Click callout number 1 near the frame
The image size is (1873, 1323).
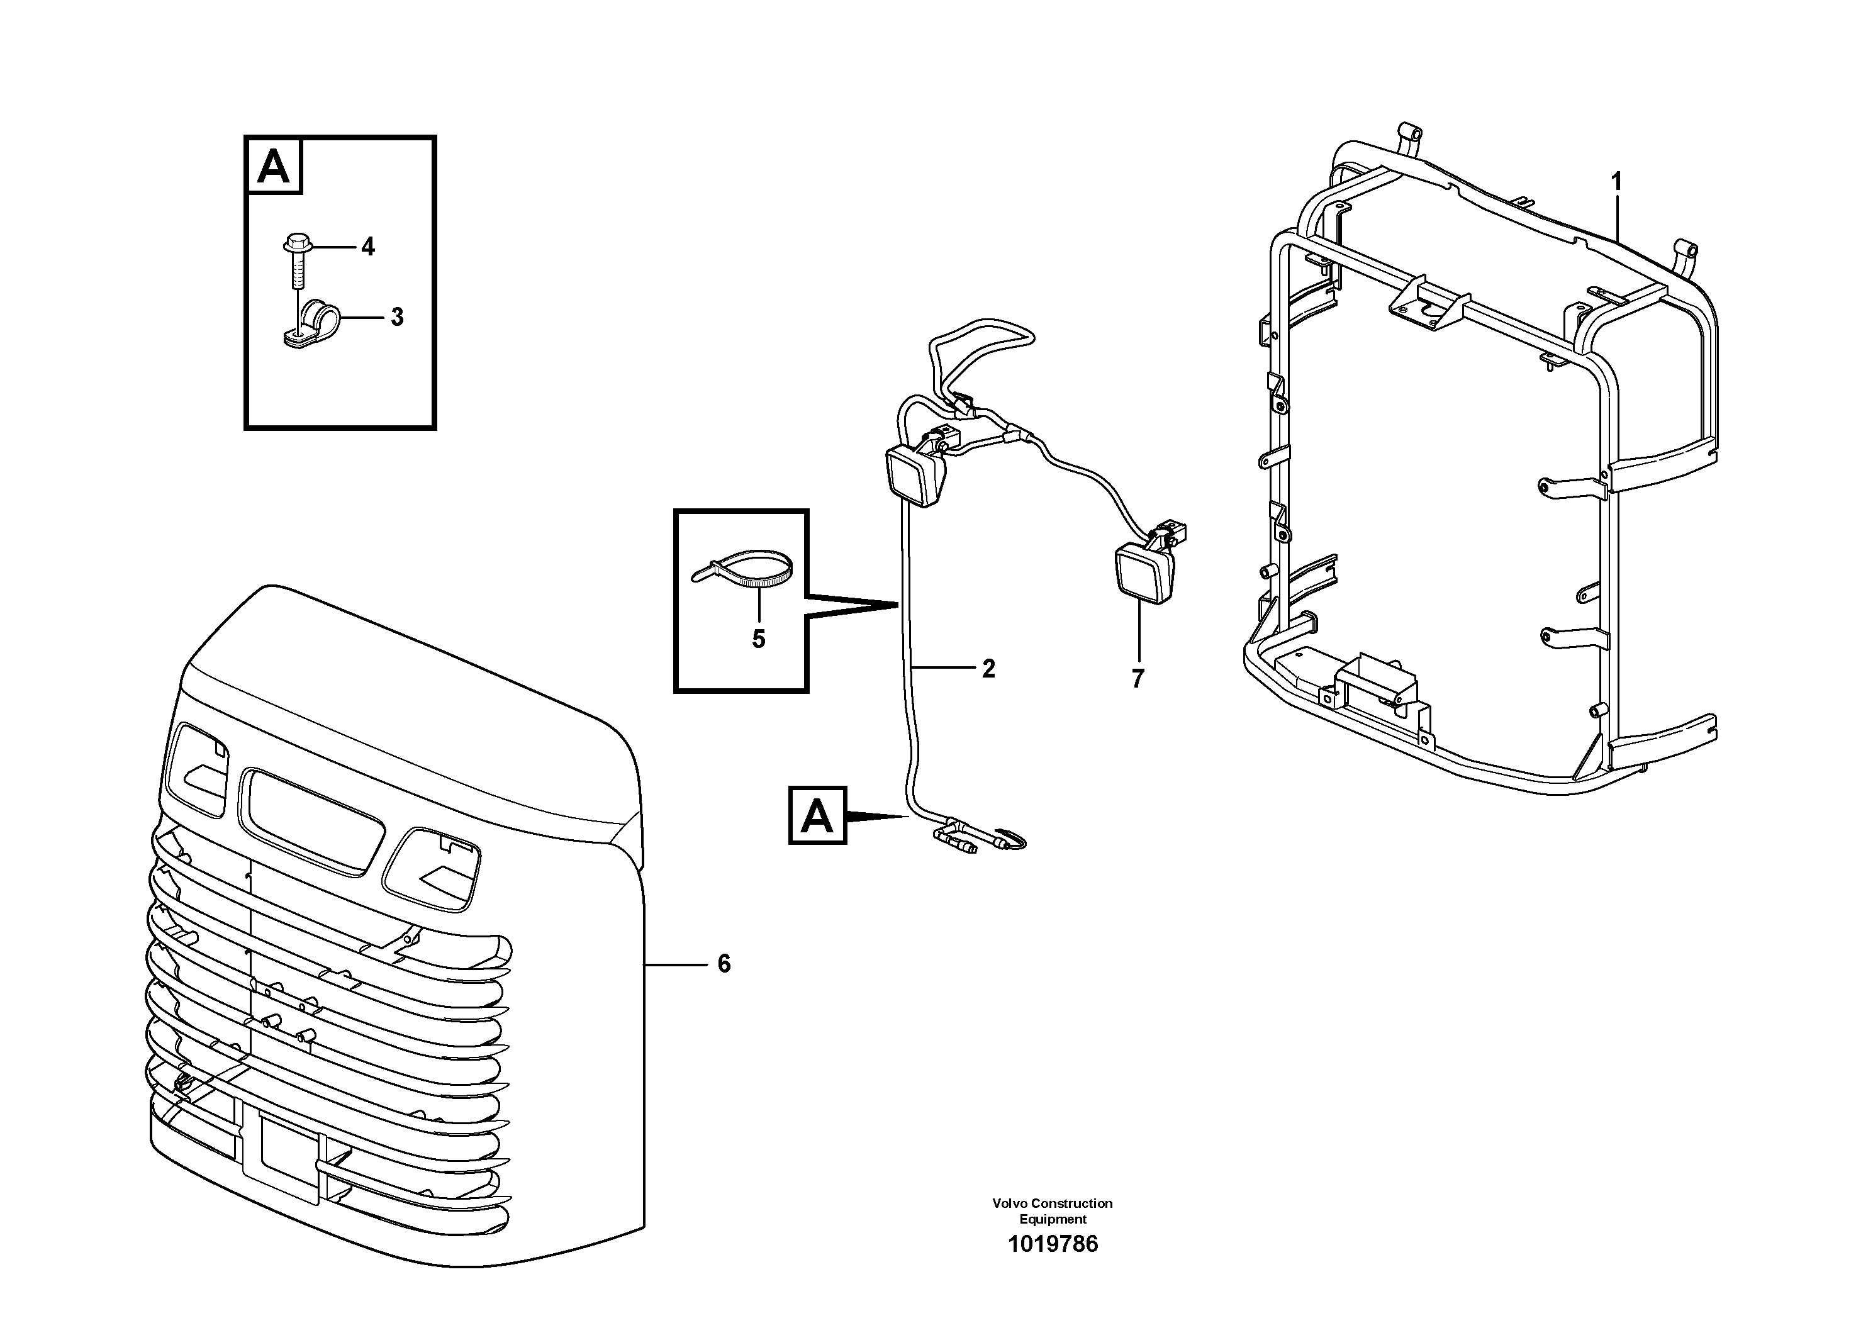[x=1616, y=182]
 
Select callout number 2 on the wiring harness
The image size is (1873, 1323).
[x=988, y=669]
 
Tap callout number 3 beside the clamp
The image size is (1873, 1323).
[x=396, y=317]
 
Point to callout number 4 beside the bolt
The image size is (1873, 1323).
[x=368, y=247]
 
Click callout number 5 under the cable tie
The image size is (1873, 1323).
[x=759, y=639]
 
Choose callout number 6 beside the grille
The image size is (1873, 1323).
[x=724, y=964]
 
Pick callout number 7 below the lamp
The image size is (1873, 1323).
[x=1138, y=678]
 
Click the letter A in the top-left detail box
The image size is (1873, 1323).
[x=273, y=167]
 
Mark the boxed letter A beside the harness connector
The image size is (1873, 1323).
[x=817, y=815]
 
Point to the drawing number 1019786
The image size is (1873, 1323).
[x=1053, y=1267]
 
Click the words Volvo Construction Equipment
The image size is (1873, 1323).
[x=1053, y=1210]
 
